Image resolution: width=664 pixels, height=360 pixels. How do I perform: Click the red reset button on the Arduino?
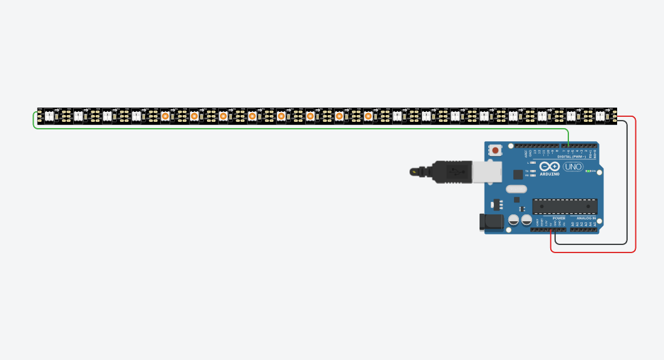[496, 150]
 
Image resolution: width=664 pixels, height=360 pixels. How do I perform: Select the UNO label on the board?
[573, 167]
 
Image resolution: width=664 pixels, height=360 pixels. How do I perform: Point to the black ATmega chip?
[564, 206]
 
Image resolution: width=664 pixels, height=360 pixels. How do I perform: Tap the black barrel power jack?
[488, 221]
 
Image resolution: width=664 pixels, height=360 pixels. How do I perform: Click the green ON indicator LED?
[586, 171]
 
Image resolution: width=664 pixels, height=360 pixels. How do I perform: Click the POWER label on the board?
[558, 218]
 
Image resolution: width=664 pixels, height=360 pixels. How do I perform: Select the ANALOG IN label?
[586, 218]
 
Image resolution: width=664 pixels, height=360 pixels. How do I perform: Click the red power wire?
[635, 187]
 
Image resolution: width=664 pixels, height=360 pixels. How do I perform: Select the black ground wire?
[626, 187]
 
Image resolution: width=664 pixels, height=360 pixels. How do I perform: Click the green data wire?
[300, 129]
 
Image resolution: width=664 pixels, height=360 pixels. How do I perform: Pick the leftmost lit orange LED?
[165, 116]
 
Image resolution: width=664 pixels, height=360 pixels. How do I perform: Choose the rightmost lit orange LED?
[368, 116]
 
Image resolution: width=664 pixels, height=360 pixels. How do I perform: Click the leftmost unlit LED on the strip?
[49, 116]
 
